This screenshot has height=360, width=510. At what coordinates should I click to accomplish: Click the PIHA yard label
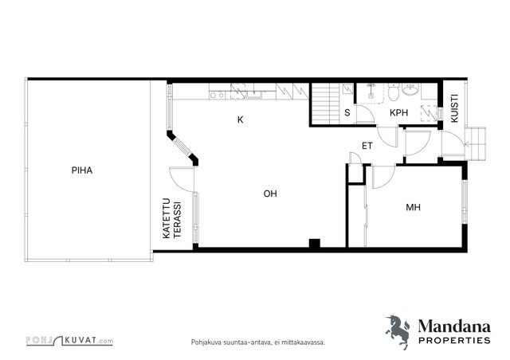[82, 170]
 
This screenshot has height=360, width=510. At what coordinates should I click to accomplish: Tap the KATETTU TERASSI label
[172, 218]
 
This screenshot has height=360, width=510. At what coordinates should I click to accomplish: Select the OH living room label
[270, 194]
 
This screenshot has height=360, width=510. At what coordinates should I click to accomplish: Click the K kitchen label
[241, 120]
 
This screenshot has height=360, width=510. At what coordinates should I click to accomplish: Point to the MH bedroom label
[413, 207]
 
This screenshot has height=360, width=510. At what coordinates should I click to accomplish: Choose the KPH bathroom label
[398, 113]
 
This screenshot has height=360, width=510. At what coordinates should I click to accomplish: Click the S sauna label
[347, 113]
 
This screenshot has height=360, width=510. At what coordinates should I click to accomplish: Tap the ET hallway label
[367, 146]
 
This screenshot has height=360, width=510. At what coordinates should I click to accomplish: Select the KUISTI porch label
[455, 108]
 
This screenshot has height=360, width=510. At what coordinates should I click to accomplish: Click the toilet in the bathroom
[393, 92]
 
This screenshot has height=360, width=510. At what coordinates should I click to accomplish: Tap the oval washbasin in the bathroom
[411, 89]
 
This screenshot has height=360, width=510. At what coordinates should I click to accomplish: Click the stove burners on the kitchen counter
[217, 96]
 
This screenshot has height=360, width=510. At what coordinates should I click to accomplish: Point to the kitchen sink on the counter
[254, 94]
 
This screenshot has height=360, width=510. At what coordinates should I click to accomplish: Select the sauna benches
[326, 104]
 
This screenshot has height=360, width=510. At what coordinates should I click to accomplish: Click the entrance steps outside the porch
[475, 143]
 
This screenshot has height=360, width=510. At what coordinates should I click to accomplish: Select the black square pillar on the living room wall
[314, 244]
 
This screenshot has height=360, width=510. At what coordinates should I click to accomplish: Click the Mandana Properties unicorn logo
[398, 332]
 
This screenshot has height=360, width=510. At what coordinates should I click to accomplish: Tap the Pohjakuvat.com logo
[69, 341]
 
